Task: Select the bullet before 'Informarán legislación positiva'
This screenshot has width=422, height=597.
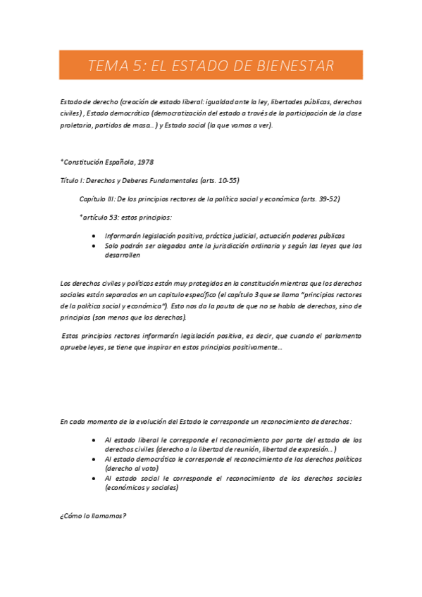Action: [95, 236]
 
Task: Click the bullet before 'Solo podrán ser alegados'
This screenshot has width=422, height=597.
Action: [95, 246]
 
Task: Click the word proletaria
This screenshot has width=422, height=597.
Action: [76, 125]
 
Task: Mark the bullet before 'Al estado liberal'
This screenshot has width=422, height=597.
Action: [95, 439]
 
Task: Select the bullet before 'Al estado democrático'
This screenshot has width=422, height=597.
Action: [95, 458]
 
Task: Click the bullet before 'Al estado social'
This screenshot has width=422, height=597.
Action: [95, 478]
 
